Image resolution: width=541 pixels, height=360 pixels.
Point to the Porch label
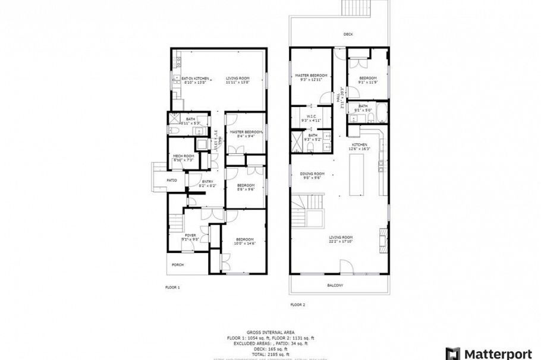[178, 264]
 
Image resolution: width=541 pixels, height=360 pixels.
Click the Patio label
[172, 180]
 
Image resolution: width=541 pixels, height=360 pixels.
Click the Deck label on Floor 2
[348, 34]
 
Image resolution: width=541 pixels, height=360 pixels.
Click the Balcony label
[335, 285]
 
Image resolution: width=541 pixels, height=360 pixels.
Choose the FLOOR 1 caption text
[172, 287]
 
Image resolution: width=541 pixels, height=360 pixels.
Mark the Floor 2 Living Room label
[341, 239]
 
